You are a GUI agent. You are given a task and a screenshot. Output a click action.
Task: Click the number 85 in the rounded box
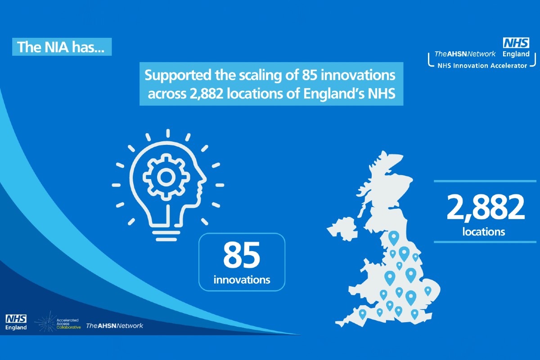pyautogui.click(x=242, y=255)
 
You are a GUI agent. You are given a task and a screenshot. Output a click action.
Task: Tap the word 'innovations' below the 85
pyautogui.click(x=242, y=279)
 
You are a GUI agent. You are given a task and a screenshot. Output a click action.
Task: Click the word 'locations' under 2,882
pyautogui.click(x=484, y=232)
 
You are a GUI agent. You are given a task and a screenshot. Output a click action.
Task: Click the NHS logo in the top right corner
pyautogui.click(x=516, y=44)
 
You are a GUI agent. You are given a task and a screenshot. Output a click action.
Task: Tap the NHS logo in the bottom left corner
pyautogui.click(x=16, y=319)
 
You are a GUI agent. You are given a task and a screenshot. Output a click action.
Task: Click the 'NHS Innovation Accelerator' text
pyautogui.click(x=477, y=66)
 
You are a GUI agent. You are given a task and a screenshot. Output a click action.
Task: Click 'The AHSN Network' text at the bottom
pyautogui.click(x=114, y=325)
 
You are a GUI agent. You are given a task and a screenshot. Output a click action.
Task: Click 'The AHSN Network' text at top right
pyautogui.click(x=465, y=54)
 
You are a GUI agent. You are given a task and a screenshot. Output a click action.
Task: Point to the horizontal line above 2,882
pyautogui.click(x=486, y=181)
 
